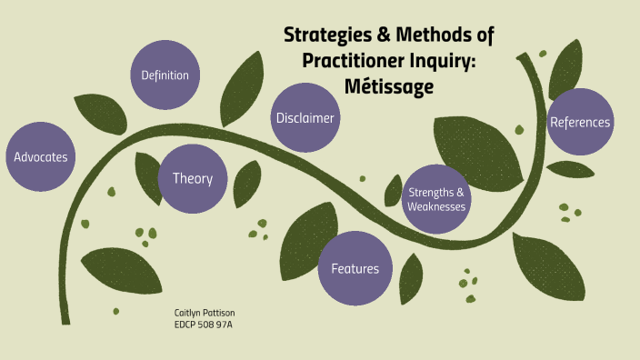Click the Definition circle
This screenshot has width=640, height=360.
coord(165,75)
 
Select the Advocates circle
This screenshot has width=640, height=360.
coord(40,156)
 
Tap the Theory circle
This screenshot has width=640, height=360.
coord(192,178)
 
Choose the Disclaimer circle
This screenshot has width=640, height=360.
coord(305,118)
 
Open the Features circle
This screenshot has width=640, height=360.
coord(354,268)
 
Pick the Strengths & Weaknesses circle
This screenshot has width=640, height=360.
coord(436,199)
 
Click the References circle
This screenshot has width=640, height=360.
coord(580,122)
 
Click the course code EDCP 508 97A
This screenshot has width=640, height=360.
coord(205,324)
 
